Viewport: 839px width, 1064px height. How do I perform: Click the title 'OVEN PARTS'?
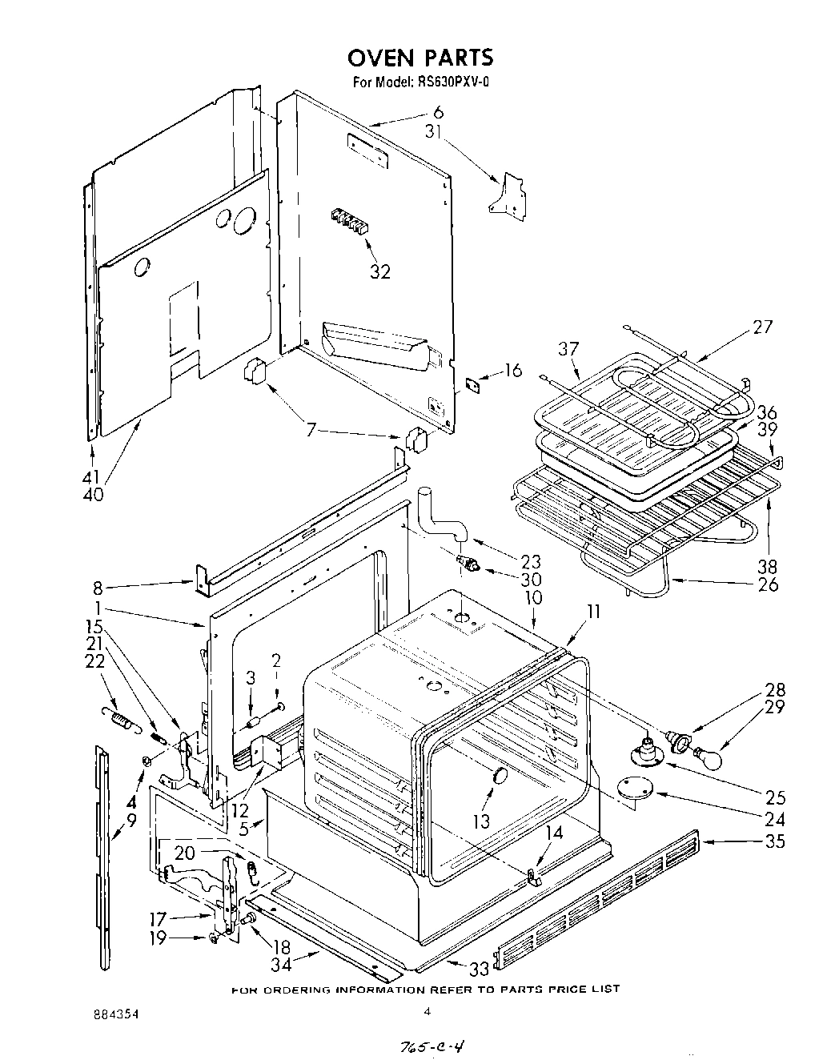(x=419, y=58)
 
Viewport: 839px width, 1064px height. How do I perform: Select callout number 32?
(x=379, y=271)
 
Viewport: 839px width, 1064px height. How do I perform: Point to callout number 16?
(x=512, y=370)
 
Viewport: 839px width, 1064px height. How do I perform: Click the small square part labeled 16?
(x=475, y=383)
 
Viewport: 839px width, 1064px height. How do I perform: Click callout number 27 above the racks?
(x=762, y=326)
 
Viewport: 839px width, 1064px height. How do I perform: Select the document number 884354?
(x=115, y=1014)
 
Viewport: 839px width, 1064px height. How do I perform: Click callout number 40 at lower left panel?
(x=93, y=495)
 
